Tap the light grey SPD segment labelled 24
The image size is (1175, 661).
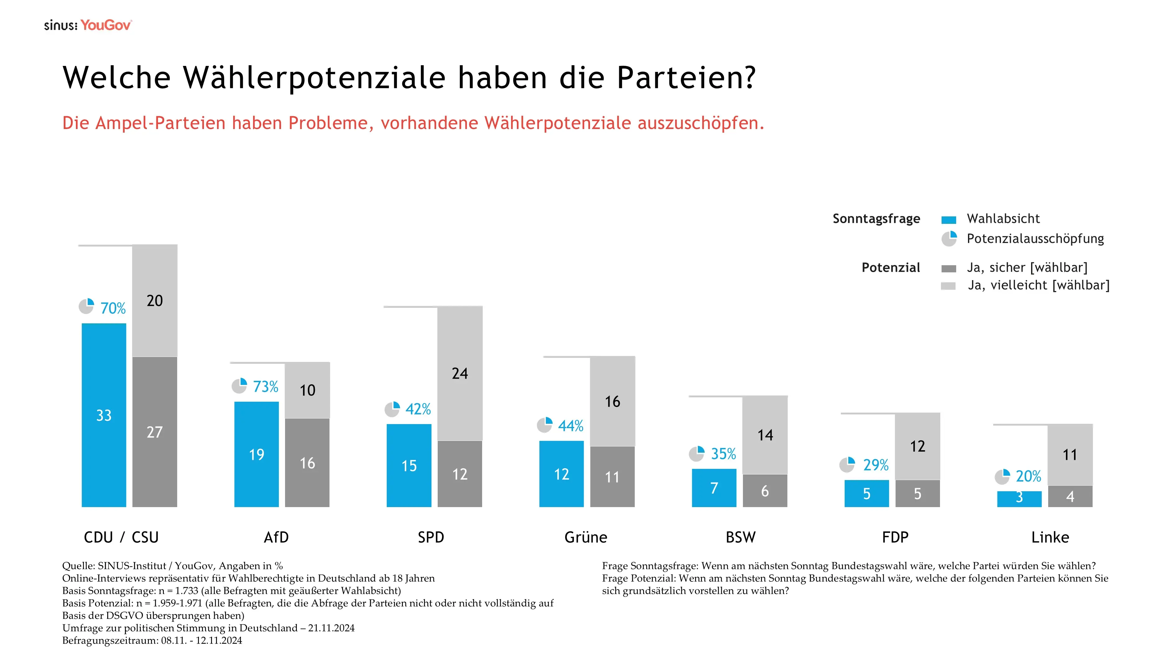(459, 373)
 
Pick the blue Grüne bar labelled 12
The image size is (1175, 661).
(561, 474)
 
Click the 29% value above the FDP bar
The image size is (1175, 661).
(875, 465)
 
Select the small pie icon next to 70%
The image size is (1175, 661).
(86, 307)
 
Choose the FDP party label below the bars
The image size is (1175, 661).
(895, 537)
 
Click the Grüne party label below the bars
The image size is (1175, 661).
(586, 537)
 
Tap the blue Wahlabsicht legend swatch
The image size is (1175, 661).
(948, 220)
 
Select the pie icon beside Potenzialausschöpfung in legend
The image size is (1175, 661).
(949, 238)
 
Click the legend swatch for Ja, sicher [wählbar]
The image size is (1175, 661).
(948, 269)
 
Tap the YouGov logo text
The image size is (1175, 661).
(106, 25)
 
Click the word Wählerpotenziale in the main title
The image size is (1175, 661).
(314, 77)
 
